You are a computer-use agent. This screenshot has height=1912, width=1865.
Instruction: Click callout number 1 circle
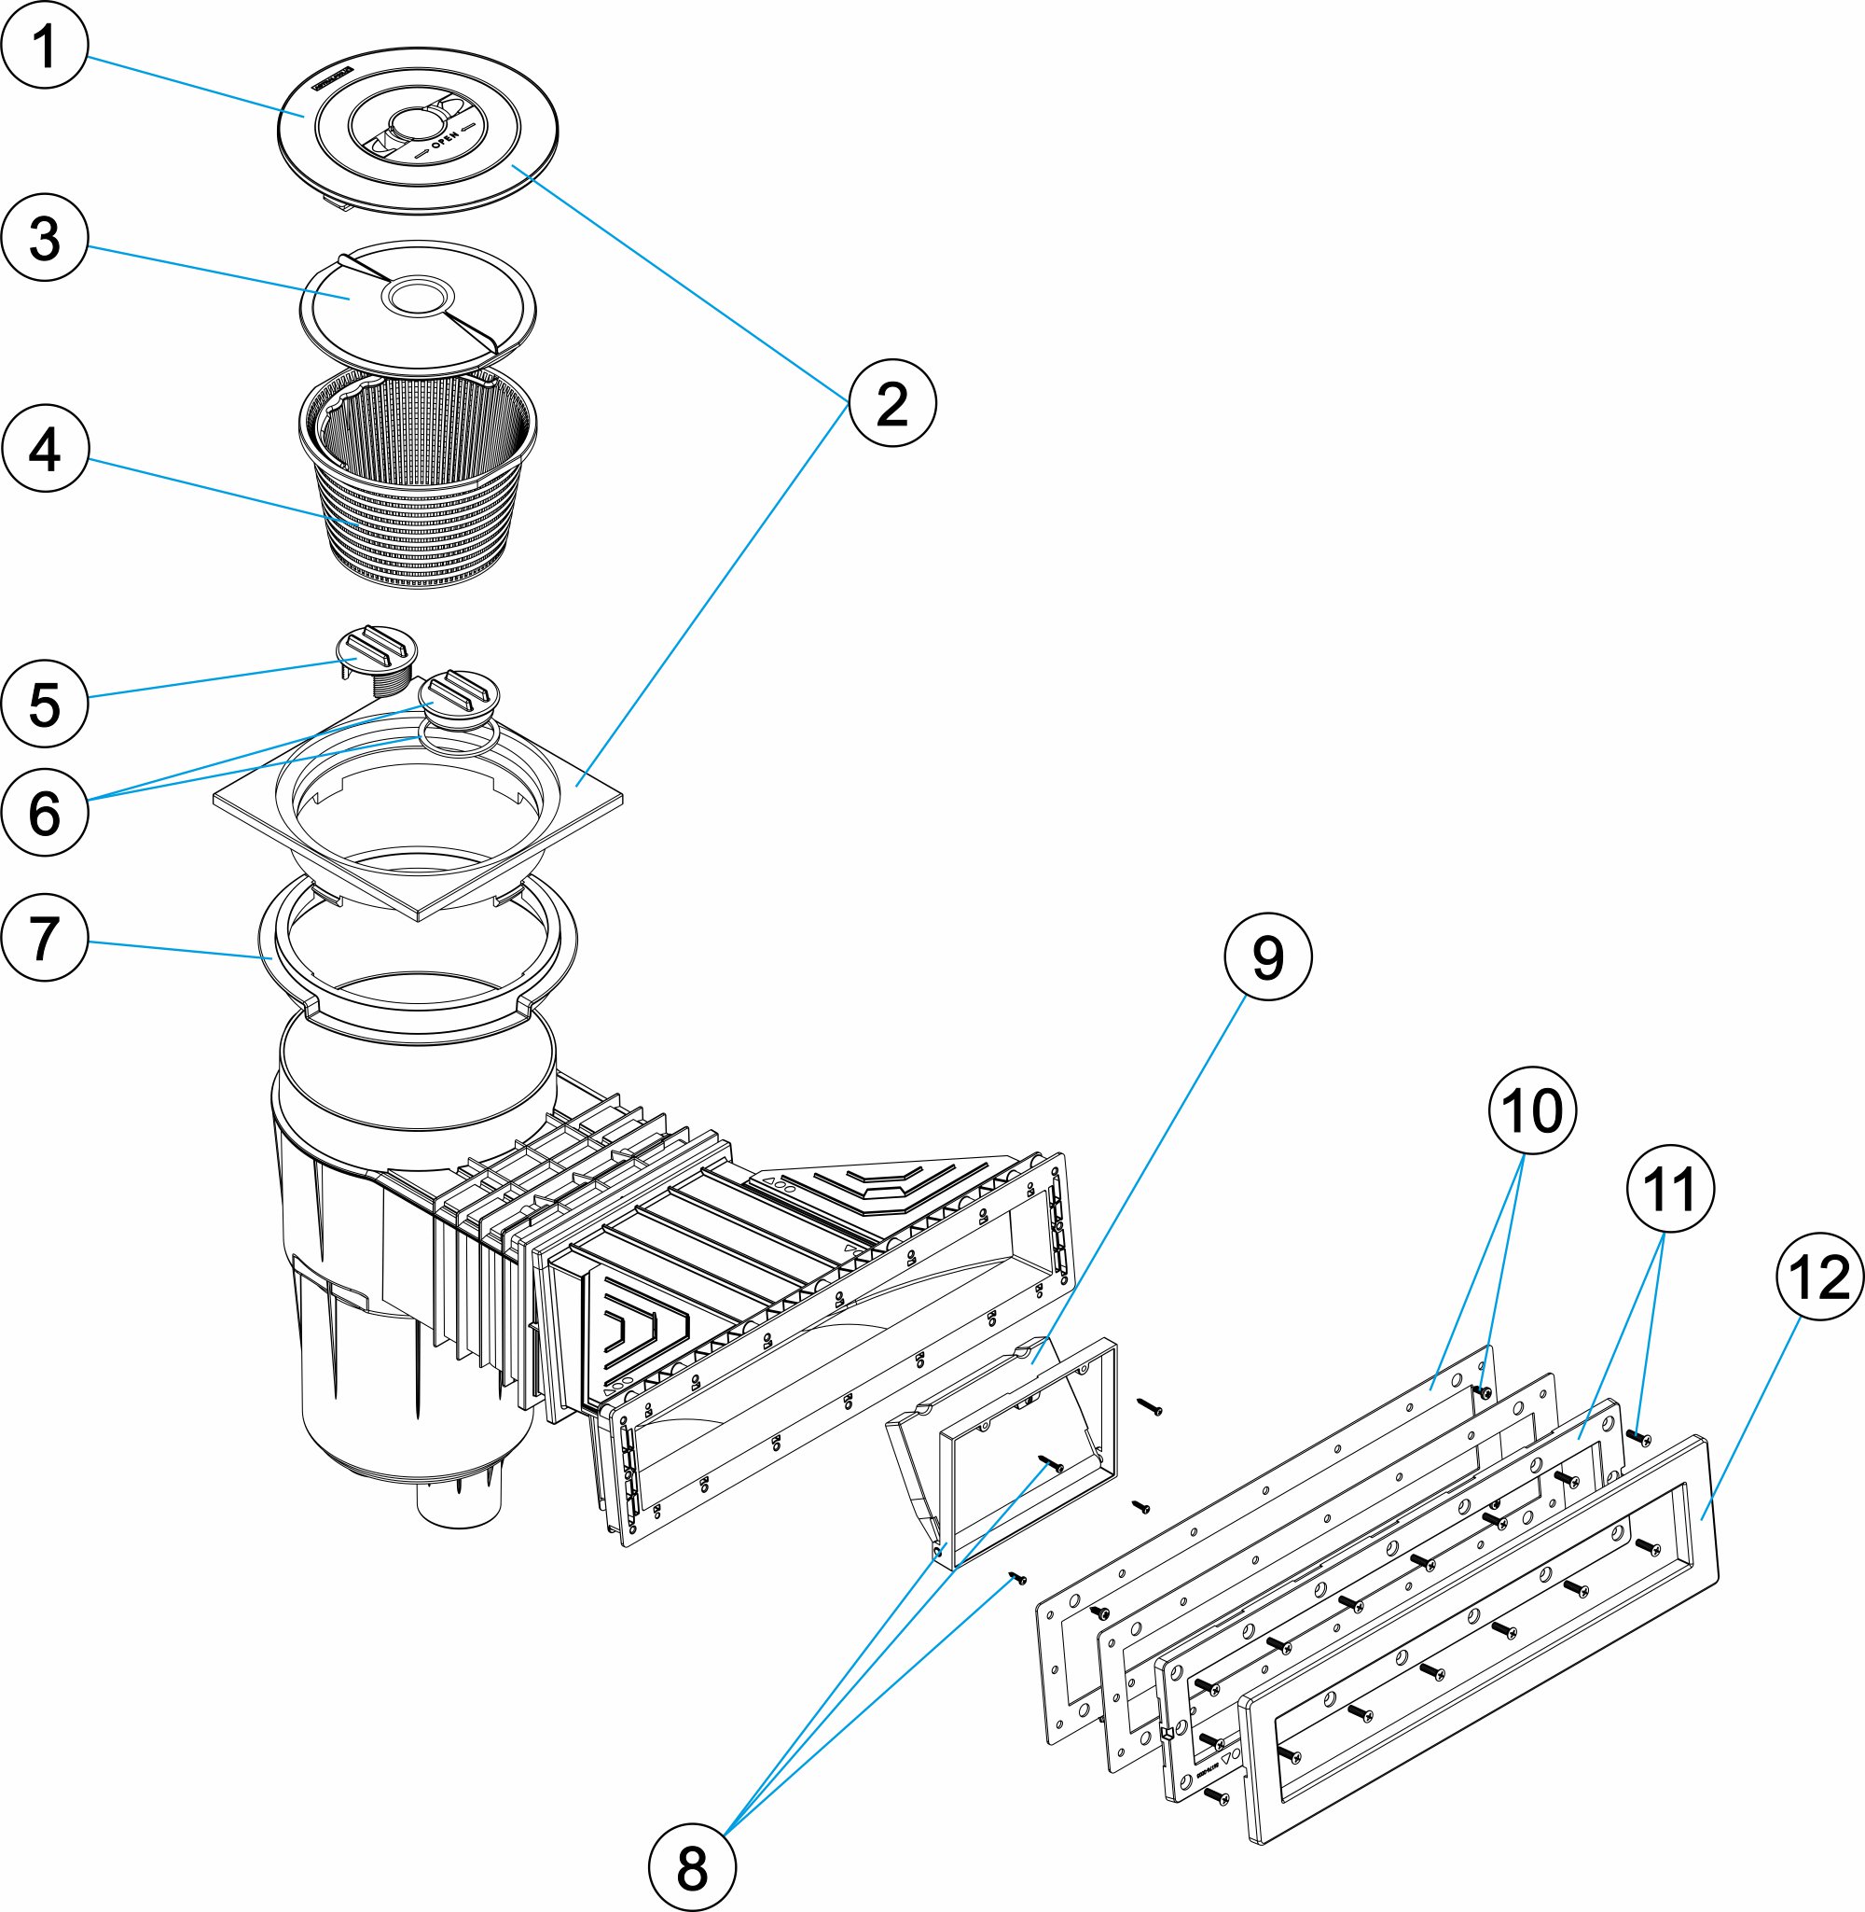point(45,45)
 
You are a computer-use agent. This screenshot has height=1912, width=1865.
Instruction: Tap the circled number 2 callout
point(892,403)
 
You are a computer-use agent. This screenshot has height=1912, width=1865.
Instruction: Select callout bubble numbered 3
point(45,238)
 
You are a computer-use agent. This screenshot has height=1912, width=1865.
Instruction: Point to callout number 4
point(45,449)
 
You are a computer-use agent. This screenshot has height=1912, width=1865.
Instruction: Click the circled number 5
point(45,704)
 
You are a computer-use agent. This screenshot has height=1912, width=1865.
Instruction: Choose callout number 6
point(45,813)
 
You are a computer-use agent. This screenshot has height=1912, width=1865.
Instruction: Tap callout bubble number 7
point(45,938)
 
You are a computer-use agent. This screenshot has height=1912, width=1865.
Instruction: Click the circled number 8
point(693,1868)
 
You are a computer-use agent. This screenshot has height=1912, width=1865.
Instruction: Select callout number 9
point(1268,956)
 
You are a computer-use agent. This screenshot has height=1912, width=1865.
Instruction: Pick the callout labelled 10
point(1533,1110)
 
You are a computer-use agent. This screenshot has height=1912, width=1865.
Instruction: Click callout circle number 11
point(1671,1190)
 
